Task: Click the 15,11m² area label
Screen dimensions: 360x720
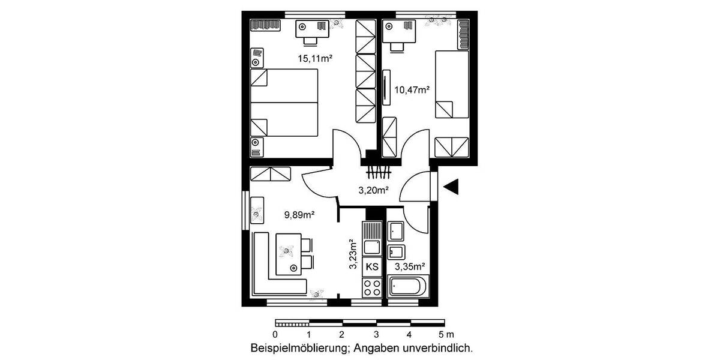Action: click(316, 59)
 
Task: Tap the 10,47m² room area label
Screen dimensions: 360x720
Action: click(411, 91)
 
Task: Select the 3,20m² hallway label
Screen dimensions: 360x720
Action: click(373, 191)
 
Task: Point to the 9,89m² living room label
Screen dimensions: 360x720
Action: click(299, 213)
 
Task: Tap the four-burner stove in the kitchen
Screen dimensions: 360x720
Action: click(372, 287)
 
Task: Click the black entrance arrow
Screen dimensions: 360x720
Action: click(451, 187)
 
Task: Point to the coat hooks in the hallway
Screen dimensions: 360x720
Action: click(379, 172)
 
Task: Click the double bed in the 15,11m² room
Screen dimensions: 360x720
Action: click(284, 102)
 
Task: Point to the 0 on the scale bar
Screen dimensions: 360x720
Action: click(275, 334)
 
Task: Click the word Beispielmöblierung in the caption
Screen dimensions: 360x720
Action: click(301, 347)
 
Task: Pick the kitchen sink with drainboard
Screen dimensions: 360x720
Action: click(372, 239)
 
